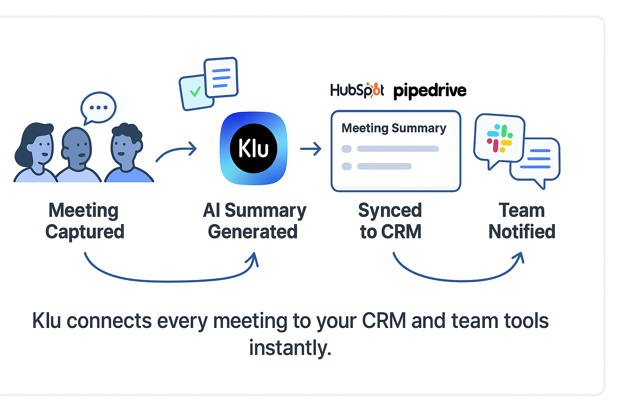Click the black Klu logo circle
[x=253, y=148]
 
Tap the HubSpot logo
[x=357, y=90]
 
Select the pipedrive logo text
[x=430, y=91]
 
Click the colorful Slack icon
[x=500, y=138]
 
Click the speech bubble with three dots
[x=99, y=107]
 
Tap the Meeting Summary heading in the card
[x=393, y=128]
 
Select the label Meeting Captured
[x=84, y=221]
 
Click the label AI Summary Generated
[x=254, y=221]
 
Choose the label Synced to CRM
[x=390, y=221]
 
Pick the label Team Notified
[x=522, y=221]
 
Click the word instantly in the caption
[x=290, y=348]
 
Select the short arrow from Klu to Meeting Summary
[x=311, y=149]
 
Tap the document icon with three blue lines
[x=221, y=78]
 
